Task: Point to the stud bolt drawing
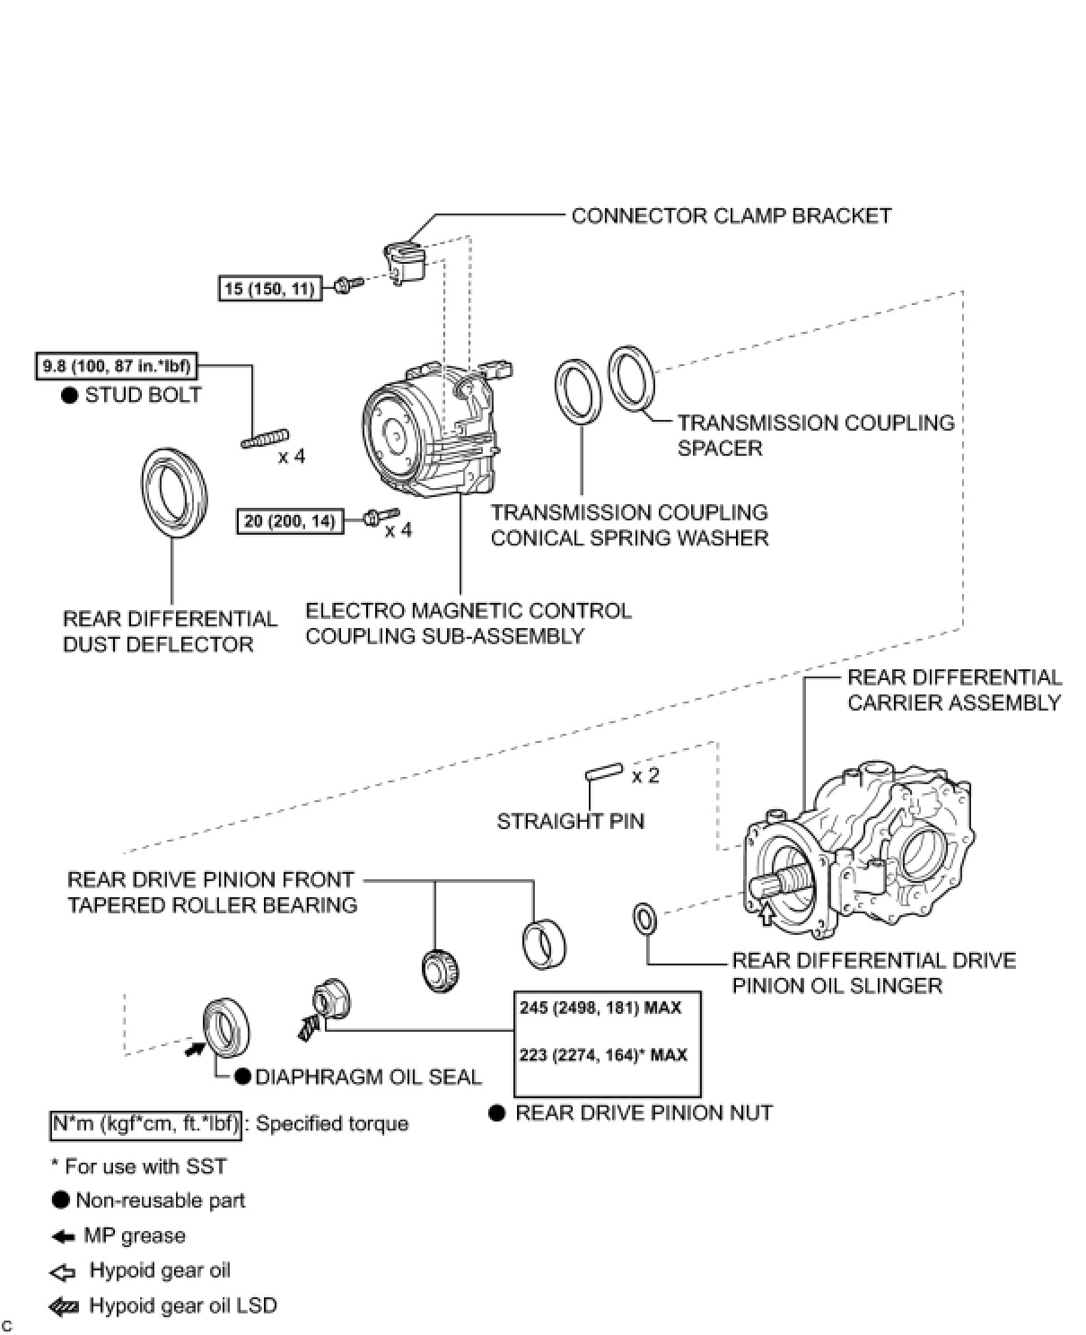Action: pos(264,439)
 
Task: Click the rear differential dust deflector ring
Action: pos(174,493)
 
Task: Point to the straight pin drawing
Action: pos(604,772)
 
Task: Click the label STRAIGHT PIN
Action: pos(570,821)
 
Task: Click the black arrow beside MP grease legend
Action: pos(63,1236)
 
